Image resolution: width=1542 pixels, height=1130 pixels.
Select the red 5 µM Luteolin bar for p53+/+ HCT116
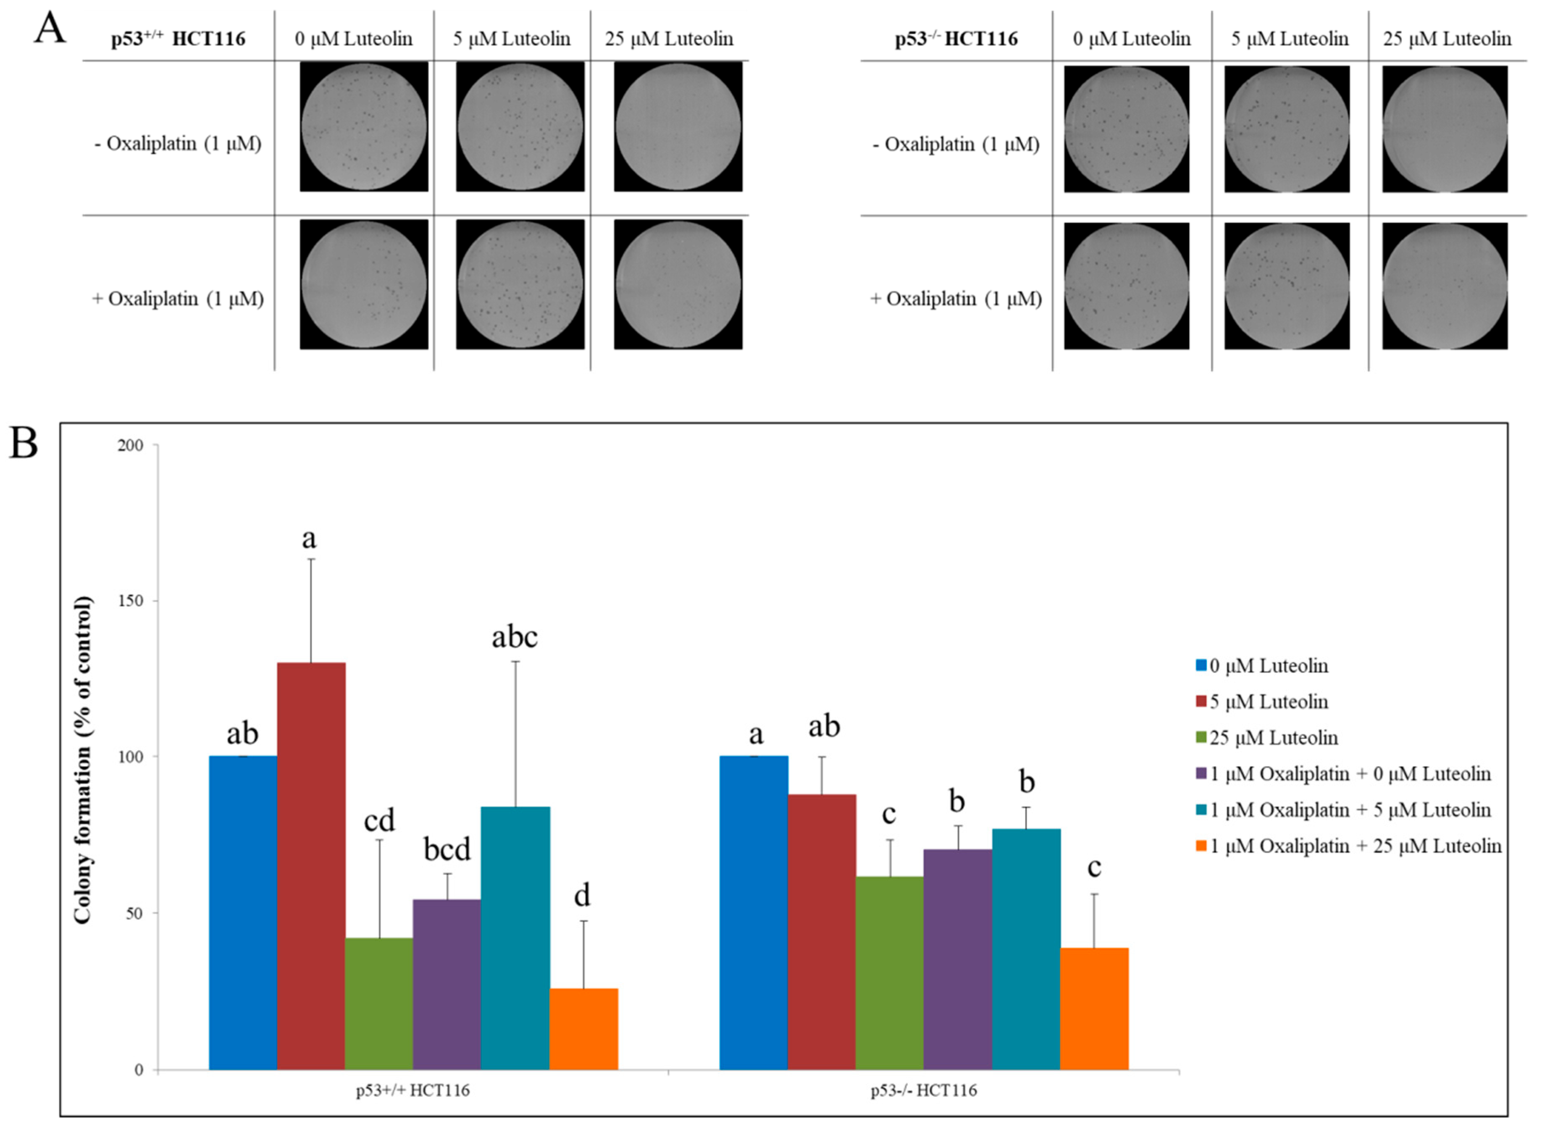pyautogui.click(x=311, y=865)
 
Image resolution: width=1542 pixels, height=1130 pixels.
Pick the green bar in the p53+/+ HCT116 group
pyautogui.click(x=379, y=1004)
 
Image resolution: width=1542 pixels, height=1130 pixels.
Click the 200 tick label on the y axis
pyautogui.click(x=130, y=445)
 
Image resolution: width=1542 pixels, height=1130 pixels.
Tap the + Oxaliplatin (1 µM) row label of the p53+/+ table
pyautogui.click(x=178, y=299)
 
